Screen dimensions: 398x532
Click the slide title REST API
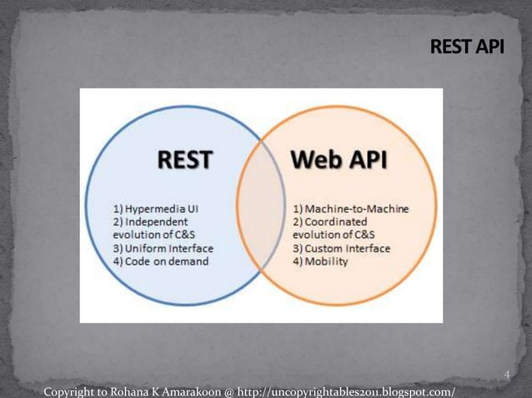467,47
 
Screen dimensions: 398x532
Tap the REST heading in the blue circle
184,159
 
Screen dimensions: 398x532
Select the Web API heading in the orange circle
339,159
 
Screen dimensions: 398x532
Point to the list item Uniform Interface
163,248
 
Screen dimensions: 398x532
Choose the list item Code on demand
161,261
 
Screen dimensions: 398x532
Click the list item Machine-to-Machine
350,208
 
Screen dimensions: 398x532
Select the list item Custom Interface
341,248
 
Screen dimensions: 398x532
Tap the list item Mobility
320,261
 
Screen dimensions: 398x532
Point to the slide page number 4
506,376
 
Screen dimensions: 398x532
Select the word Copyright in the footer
68,391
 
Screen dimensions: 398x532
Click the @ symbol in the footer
228,391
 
